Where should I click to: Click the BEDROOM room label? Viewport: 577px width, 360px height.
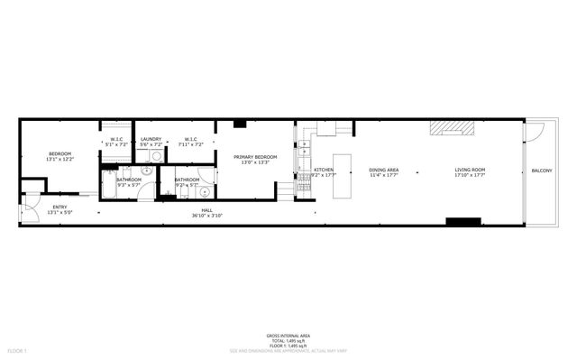pos(60,154)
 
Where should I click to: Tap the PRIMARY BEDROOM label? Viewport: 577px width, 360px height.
pos(255,157)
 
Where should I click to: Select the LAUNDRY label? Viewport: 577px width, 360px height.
pos(151,139)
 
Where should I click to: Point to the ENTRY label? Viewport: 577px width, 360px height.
pos(60,208)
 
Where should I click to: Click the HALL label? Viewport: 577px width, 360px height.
pos(206,211)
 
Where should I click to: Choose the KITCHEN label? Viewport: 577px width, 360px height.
pos(324,170)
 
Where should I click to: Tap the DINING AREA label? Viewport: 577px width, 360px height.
pos(384,170)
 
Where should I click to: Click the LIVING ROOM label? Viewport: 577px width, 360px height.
pos(470,170)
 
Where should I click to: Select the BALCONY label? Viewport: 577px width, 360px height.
pos(542,171)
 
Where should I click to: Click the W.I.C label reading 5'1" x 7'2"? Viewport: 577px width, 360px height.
pos(117,139)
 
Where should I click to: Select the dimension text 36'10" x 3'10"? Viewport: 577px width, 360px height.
pos(206,217)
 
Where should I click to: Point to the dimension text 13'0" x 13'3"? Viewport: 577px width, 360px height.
pos(255,162)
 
